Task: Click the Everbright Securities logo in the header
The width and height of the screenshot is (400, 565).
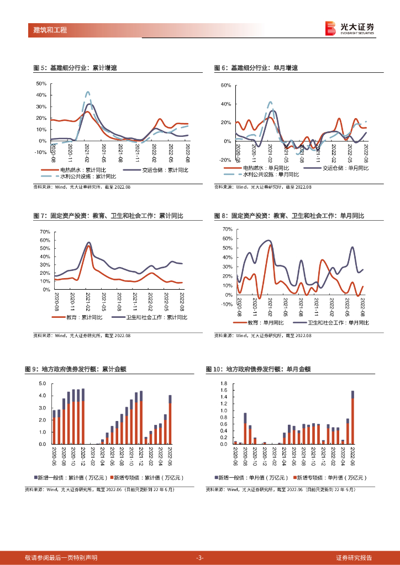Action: click(x=350, y=28)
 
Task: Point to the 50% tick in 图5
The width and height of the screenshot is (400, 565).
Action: click(x=41, y=84)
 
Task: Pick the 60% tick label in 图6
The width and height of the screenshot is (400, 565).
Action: click(x=225, y=86)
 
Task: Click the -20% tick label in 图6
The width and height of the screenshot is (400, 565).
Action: click(x=224, y=160)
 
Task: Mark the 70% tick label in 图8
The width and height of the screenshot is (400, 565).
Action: click(x=227, y=228)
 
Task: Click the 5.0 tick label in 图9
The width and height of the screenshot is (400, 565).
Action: click(x=42, y=383)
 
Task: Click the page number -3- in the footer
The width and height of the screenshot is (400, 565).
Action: click(x=200, y=558)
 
